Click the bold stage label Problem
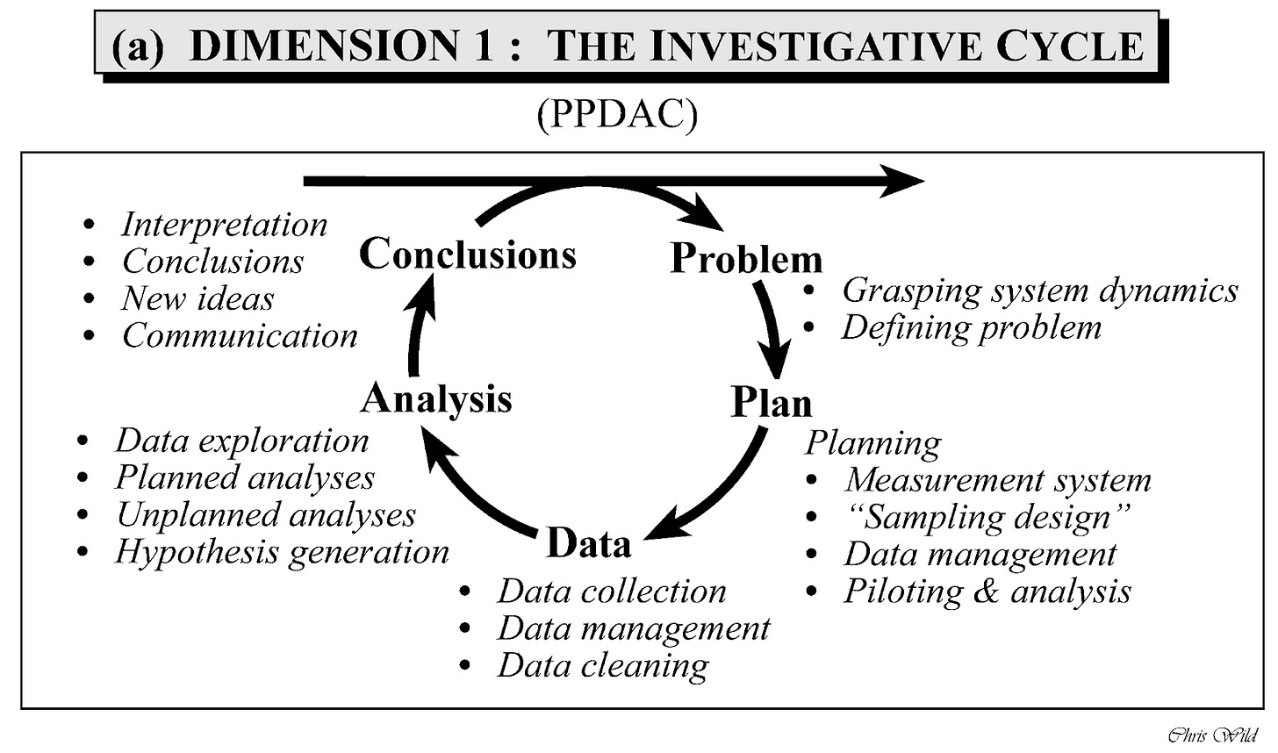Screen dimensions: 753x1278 pos(746,258)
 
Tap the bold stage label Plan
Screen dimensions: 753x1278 pos(772,403)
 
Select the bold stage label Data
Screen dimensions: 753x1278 pos(588,543)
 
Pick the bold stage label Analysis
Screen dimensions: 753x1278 pos(436,398)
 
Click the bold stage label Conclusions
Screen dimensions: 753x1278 pos(468,254)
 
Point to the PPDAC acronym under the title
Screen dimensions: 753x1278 pos(617,115)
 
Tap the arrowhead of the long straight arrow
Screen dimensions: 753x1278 pos(904,182)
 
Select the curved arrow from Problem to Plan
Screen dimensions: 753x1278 pos(772,329)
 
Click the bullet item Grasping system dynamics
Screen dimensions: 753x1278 pos(1039,290)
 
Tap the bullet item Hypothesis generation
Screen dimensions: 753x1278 pos(282,552)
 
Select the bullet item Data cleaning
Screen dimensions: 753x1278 pos(603,665)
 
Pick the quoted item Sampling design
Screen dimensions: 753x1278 pos(987,517)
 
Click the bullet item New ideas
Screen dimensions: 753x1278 pos(197,298)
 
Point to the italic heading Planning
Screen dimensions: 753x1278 pos(873,443)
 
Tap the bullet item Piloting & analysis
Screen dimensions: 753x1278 pos(987,591)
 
